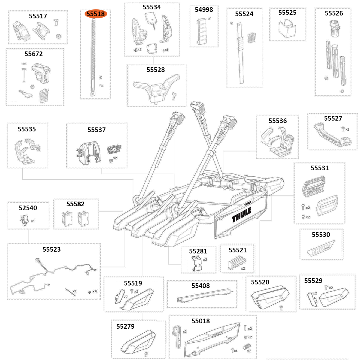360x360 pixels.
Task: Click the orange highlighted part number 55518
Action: (x=95, y=14)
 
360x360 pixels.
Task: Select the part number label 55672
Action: (x=33, y=54)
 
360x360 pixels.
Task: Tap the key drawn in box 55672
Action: (x=26, y=95)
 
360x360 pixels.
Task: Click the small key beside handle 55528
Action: (x=174, y=95)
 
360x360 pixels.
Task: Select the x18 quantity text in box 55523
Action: (x=95, y=291)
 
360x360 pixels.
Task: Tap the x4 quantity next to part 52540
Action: (x=33, y=220)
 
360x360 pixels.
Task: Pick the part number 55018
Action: (x=201, y=321)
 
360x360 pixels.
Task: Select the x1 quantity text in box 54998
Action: (x=210, y=18)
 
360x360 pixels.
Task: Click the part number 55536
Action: (x=278, y=121)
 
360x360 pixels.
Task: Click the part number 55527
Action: (x=333, y=118)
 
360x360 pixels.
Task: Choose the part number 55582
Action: (x=76, y=204)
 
